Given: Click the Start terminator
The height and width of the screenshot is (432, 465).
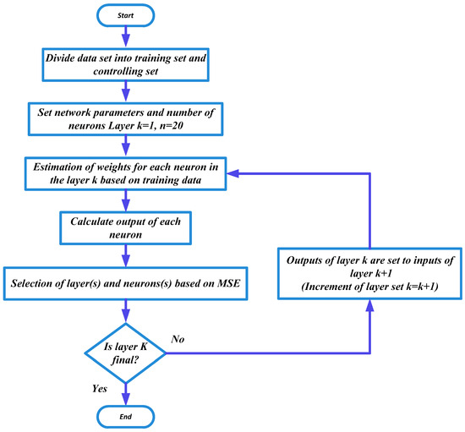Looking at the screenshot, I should pos(125,14).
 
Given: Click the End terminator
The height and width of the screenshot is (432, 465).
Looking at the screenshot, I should pos(125,416).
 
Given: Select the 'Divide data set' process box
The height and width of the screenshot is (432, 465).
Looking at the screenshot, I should pos(126,63).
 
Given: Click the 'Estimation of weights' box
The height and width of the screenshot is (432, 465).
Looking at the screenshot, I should pos(127,178).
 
